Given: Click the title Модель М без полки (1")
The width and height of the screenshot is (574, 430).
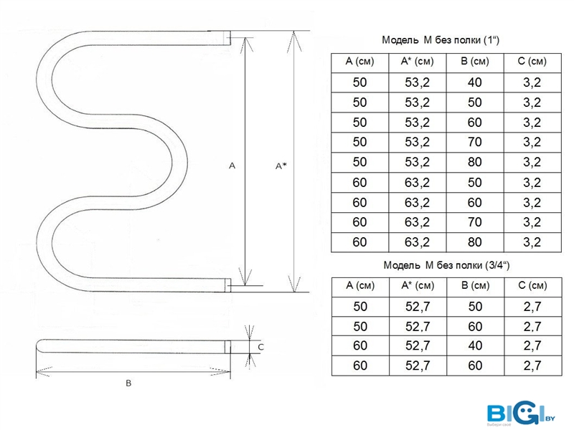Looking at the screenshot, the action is pos(441,39).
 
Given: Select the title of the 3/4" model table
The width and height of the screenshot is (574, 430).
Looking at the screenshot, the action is pos(446,264).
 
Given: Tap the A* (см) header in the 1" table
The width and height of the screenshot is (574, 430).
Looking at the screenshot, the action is pos(418,61).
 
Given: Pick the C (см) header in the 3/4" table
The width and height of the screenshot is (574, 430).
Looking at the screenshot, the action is pos(532,285).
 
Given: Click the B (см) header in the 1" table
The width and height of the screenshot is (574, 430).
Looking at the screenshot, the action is pos(475,61).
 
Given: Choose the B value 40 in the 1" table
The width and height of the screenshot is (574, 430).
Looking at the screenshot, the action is pos(475,82).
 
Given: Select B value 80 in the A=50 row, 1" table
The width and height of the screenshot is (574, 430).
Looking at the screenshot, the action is pos(475,162).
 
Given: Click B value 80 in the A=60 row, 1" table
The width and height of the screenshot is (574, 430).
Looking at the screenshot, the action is pos(475,242).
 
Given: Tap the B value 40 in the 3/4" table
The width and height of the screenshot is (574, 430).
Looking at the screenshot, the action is pos(475,345).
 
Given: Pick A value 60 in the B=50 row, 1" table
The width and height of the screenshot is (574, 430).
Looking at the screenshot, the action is pos(360,183).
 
